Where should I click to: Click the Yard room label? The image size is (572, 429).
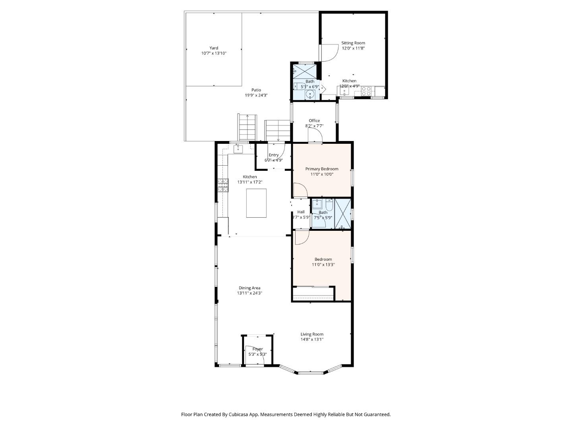coord(214,48)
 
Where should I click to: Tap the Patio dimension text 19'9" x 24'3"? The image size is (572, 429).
coord(256,95)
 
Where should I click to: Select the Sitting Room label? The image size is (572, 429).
coord(353,43)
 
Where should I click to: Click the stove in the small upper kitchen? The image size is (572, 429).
coord(366,91)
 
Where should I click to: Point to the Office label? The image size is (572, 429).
coord(314,121)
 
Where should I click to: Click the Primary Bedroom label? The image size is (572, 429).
coord(322,169)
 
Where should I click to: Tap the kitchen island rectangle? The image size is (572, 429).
coord(256,203)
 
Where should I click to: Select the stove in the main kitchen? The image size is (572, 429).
coord(223,186)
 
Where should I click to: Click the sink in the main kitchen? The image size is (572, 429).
coord(238,149)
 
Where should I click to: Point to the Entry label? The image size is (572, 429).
coord(274,155)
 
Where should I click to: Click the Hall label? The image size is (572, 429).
coord(301,212)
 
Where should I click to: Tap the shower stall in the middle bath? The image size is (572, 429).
coord(343,214)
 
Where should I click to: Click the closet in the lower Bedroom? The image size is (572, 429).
coord(313,294)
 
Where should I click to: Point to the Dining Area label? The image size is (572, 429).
coord(249,288)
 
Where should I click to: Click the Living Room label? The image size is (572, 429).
coord(312,334)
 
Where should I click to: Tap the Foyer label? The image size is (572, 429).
coord(257,349)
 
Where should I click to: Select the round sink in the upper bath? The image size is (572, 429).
coord(310,95)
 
